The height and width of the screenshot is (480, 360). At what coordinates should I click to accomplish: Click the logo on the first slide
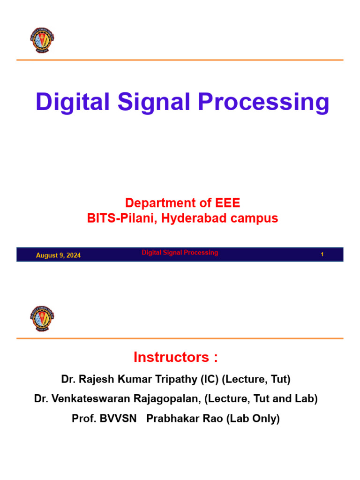point(42,41)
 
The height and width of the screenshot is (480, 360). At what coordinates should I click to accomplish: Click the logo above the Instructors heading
point(42,319)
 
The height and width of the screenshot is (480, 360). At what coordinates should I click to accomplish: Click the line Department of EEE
point(182,203)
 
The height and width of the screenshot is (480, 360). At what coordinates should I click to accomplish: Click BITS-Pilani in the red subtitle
point(122,218)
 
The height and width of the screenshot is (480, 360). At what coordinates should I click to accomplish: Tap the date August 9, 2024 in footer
point(58,255)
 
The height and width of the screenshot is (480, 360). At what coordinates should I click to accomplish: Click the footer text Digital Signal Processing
point(180,253)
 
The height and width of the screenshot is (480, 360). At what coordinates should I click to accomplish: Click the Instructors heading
point(176,357)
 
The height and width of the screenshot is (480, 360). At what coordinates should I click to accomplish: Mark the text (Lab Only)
point(253,419)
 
